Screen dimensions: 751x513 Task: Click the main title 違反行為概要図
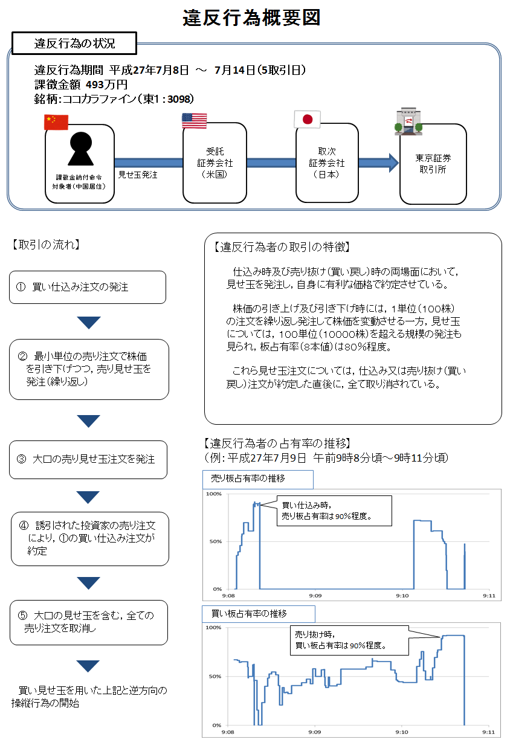coord(251,18)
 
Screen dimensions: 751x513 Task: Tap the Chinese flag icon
coord(56,122)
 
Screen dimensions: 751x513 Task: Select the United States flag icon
coord(194,120)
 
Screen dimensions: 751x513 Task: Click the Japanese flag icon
coord(307,120)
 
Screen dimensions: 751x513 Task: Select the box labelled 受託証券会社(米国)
coord(215,163)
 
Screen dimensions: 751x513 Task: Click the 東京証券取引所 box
coord(433,164)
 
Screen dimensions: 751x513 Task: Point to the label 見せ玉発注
coord(138,175)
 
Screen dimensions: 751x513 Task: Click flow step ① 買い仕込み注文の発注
coord(88,287)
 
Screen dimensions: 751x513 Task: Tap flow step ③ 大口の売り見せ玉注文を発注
coord(88,459)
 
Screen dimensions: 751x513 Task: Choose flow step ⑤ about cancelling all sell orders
coord(88,622)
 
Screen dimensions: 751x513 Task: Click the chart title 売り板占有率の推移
coord(248,479)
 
